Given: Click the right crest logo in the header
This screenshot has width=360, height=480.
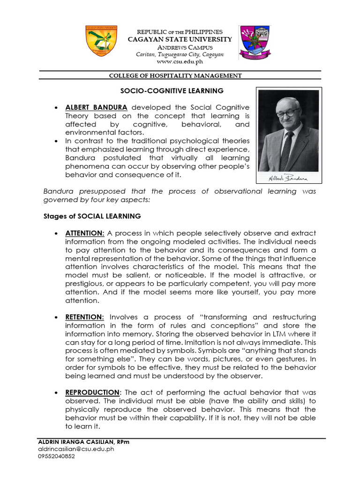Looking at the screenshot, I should [255, 42].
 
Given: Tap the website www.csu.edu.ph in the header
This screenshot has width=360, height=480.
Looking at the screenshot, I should [180, 61].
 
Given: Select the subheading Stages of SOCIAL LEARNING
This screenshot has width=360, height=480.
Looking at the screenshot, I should [92, 216].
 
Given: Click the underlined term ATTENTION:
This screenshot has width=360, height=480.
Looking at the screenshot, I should [85, 233].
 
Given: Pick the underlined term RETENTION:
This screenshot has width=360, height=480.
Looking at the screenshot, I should [84, 317].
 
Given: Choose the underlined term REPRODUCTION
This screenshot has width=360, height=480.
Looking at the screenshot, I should [92, 392].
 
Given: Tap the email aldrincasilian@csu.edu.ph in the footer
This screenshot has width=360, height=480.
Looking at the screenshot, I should [76, 449].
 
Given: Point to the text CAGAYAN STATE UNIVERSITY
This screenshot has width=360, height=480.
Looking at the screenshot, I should [180, 39].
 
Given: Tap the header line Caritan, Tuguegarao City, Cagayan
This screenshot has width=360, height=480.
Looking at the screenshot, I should [180, 54].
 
